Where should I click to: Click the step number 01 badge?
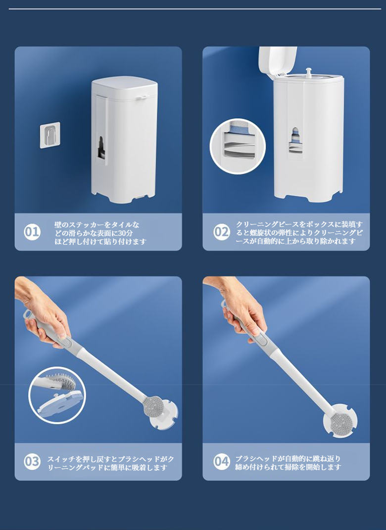32,232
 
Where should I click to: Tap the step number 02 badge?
222,232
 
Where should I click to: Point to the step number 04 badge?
222,461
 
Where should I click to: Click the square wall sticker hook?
50,135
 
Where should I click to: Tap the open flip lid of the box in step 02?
278,60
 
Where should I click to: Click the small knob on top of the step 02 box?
308,72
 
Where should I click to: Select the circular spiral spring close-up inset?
238,146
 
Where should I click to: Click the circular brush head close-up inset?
57,395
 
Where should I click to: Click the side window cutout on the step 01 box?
101,147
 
